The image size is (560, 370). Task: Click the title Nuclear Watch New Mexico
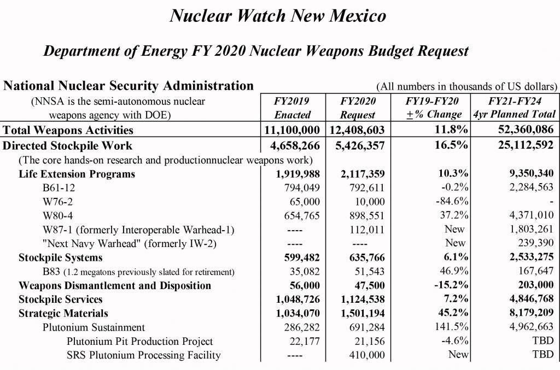(278, 16)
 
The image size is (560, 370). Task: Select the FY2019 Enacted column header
(292, 108)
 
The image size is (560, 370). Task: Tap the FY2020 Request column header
(358, 108)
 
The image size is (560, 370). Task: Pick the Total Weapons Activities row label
(68, 130)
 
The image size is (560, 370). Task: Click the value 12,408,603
(358, 130)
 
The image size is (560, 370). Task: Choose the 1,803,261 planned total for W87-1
(530, 230)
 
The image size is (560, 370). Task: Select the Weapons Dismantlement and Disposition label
(115, 285)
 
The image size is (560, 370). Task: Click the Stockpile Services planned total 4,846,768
(527, 299)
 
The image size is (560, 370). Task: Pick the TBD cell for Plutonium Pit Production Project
(543, 342)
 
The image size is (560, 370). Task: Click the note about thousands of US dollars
(466, 86)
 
